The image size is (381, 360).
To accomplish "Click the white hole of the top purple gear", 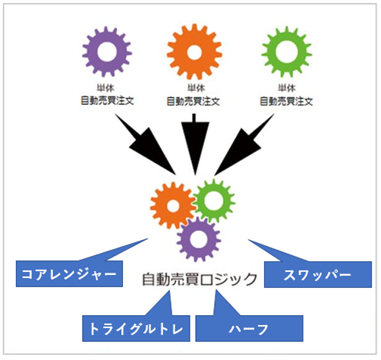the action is (107, 52).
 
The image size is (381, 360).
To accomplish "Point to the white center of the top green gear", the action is (287, 52).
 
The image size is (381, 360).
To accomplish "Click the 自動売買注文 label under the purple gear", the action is (107, 101).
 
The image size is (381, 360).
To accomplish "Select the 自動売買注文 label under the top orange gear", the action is (194, 102).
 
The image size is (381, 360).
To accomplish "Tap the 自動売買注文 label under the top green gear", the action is (287, 102).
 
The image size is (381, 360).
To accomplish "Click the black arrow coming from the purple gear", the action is (146, 145).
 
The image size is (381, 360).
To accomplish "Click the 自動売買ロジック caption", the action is (200, 279).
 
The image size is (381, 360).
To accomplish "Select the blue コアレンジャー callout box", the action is (69, 274).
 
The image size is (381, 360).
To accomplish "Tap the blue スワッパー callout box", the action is (318, 275).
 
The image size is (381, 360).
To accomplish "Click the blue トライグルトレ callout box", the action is (136, 329).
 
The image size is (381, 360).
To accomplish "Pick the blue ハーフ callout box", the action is (250, 329).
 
